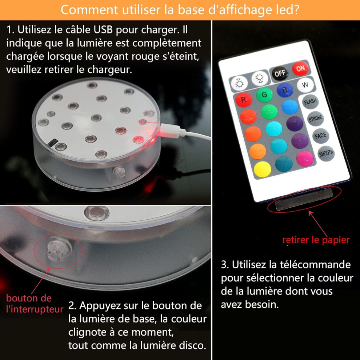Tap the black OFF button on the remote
point(280,73)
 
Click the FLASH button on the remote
point(310,101)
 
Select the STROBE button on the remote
point(316,119)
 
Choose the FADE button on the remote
point(321,136)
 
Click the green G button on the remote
point(264,95)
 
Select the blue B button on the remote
point(285,90)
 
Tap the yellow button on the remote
point(263,169)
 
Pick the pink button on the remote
point(305,159)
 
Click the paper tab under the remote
point(304,199)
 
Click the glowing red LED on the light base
point(139,140)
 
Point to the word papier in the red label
point(336,240)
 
